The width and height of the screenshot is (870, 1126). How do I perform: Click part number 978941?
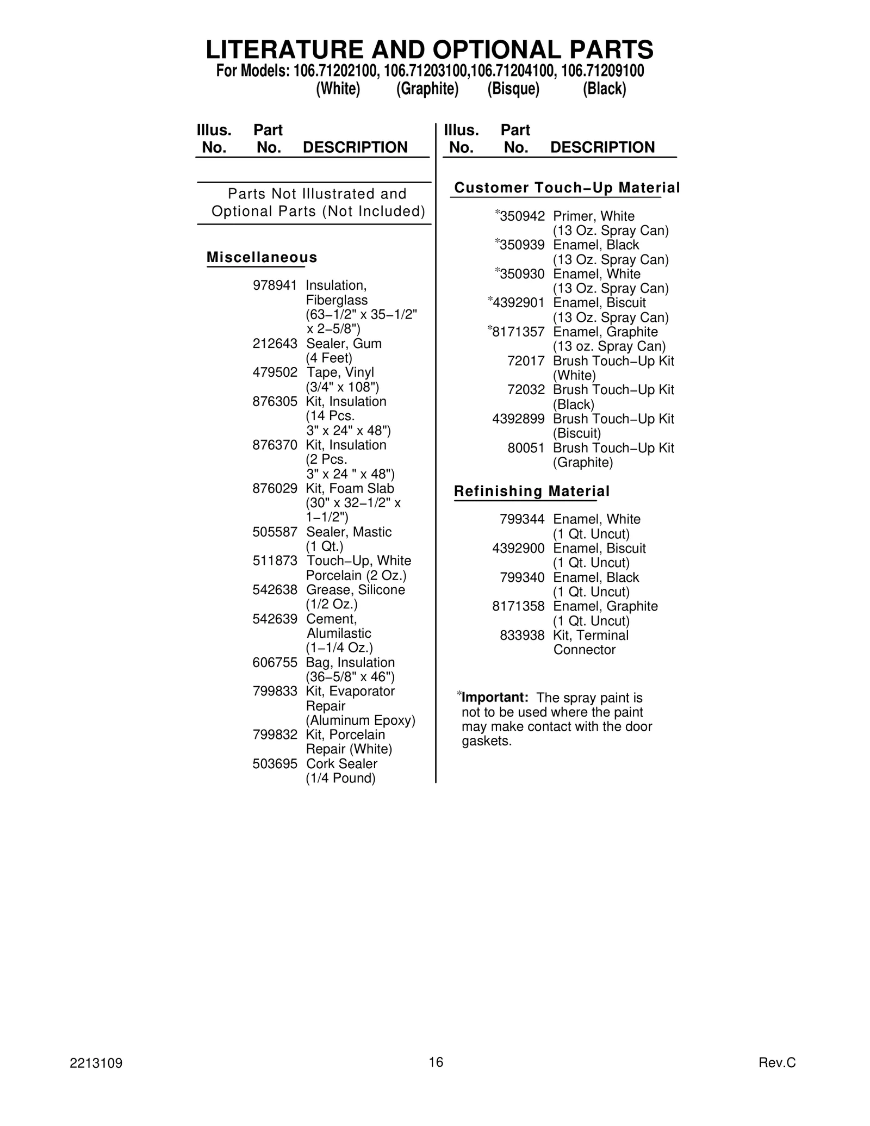(x=275, y=285)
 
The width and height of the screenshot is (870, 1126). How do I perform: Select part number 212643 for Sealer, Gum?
(x=275, y=344)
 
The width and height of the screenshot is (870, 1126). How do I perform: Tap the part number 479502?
(x=275, y=372)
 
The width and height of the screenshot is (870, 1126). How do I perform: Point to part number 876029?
(x=275, y=488)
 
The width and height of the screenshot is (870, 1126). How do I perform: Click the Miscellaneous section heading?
(x=262, y=257)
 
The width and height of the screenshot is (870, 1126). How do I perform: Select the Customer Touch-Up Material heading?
(x=567, y=188)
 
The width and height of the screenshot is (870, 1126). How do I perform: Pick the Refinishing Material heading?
(x=531, y=491)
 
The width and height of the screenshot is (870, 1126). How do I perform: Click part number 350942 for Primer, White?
(x=521, y=216)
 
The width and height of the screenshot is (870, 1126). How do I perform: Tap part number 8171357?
(x=518, y=332)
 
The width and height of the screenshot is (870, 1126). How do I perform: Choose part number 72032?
(x=526, y=390)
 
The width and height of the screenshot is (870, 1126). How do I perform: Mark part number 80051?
(x=526, y=448)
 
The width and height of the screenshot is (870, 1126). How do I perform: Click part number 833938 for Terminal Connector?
(x=521, y=635)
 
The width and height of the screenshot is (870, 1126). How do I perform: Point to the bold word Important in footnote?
(x=495, y=698)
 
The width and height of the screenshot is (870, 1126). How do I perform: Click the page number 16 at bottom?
(x=436, y=1062)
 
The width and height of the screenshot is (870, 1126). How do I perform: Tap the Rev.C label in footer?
(x=776, y=1063)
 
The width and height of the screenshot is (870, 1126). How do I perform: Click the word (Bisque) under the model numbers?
(x=513, y=89)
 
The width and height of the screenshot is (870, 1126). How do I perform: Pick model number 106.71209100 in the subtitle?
(x=602, y=71)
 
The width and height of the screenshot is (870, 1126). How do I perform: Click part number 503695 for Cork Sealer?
(x=275, y=764)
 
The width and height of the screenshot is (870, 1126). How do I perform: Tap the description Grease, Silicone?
(x=355, y=590)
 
